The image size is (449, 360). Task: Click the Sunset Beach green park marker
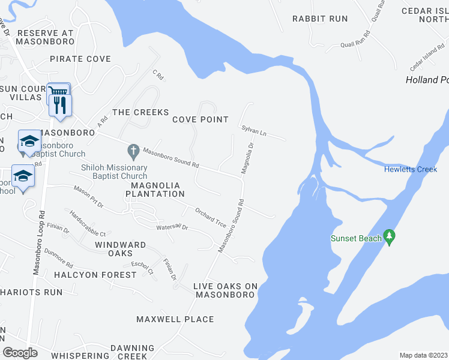(390, 238)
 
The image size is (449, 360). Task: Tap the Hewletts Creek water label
(411, 169)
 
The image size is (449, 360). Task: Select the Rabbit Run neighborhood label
(320, 19)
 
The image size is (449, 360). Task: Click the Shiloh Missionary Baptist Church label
(114, 172)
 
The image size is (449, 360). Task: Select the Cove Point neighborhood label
(200, 119)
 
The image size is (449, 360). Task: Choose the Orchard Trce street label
(210, 217)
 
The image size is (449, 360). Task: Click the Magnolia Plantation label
(155, 190)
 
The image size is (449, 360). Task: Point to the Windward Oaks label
(120, 249)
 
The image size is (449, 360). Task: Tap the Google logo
(20, 353)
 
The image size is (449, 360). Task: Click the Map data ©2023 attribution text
(423, 355)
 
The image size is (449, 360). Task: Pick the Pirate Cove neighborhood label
(80, 59)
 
